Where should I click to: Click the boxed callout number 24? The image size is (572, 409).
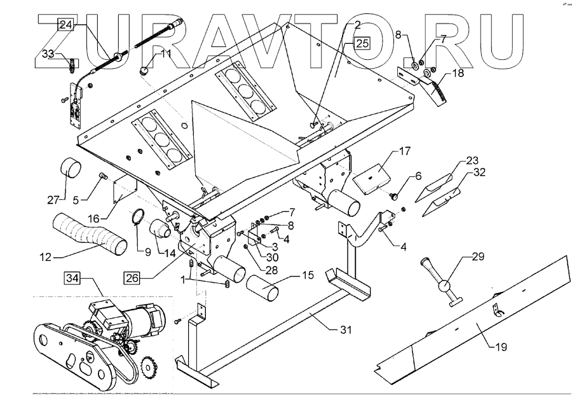coord(66,25)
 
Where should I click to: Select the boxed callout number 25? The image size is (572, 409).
coord(361,43)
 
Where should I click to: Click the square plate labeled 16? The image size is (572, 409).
coord(123,190)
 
